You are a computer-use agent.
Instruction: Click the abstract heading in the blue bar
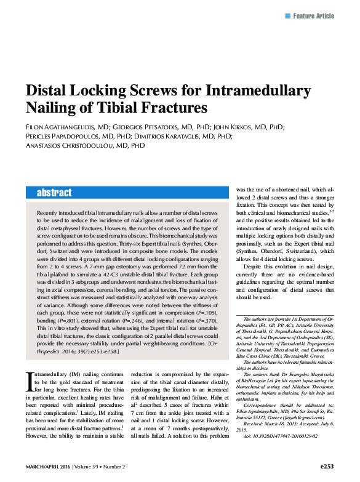54,193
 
